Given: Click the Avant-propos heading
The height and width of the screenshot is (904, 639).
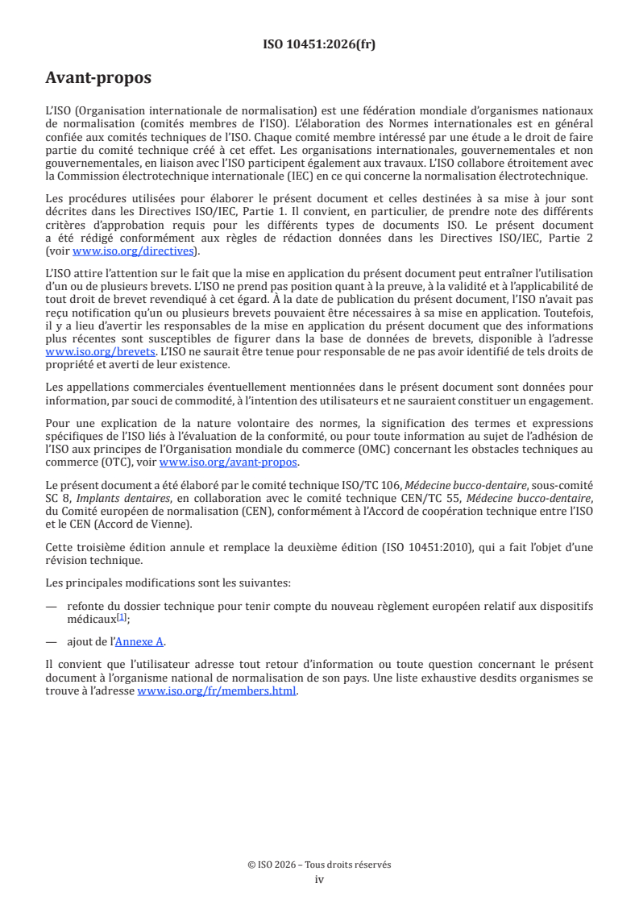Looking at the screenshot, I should click(98, 78).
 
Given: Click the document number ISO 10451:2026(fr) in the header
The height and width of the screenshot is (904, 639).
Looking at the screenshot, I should click(319, 44).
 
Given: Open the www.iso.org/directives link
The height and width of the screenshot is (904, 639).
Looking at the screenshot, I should click(132, 251).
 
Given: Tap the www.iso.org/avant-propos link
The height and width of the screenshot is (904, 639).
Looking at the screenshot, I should click(228, 462).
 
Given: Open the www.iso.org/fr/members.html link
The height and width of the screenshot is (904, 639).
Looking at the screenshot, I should click(217, 690).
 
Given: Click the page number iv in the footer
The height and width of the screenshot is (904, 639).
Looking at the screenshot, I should click(319, 879).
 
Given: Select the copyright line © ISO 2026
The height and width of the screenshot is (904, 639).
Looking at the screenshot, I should click(319, 865).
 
